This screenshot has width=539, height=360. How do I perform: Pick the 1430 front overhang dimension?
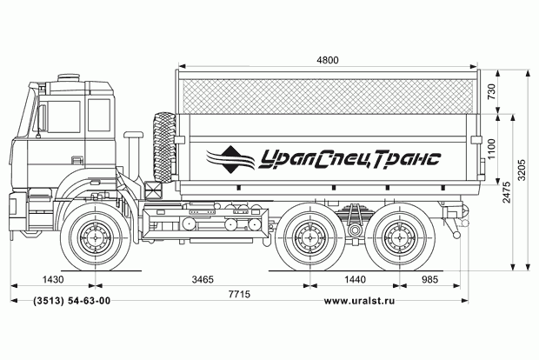(53, 280)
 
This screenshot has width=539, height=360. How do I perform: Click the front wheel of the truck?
(94, 237)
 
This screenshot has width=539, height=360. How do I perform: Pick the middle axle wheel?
(307, 237)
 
